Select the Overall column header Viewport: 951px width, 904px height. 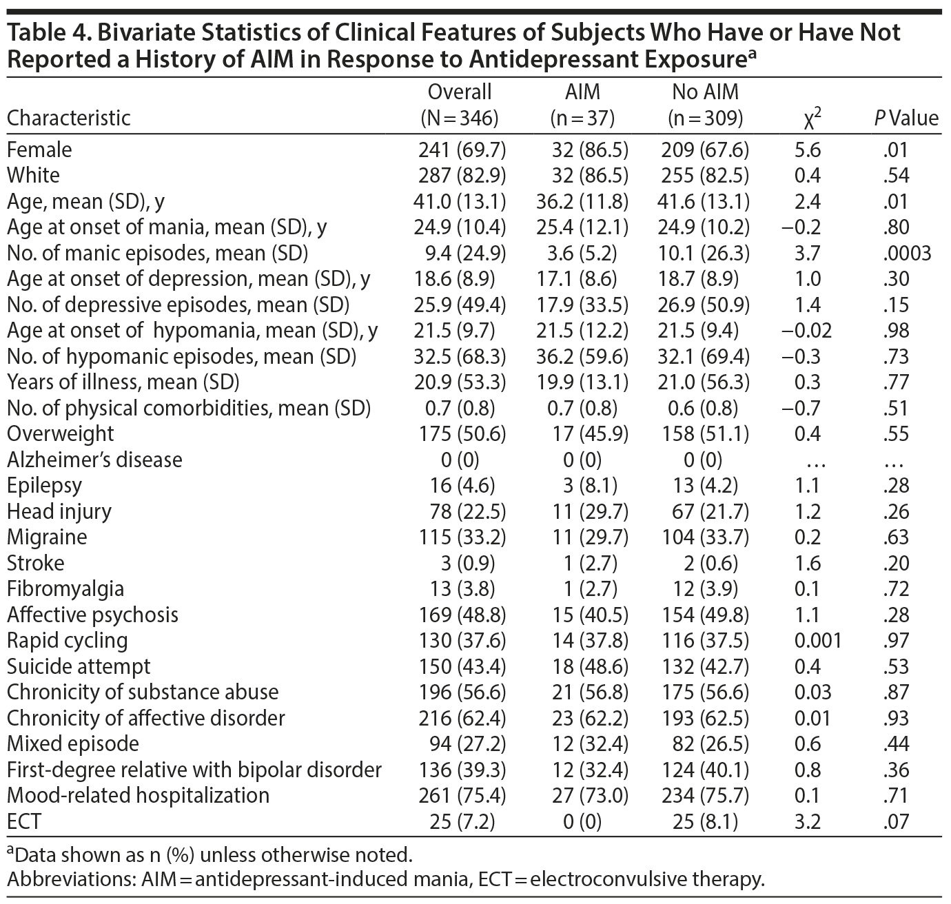pyautogui.click(x=460, y=104)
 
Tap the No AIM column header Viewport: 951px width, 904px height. pyautogui.click(x=705, y=104)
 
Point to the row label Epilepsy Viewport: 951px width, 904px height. pyautogui.click(x=44, y=486)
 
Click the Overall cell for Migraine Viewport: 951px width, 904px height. pyautogui.click(x=462, y=537)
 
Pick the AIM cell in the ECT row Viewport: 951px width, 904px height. pyautogui.click(x=582, y=821)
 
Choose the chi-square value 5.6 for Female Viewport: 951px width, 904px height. pyautogui.click(x=807, y=150)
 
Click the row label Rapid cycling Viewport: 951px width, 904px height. pyautogui.click(x=67, y=641)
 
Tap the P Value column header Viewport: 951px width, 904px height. pyautogui.click(x=906, y=118)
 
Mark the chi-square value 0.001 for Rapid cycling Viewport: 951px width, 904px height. pyautogui.click(x=817, y=641)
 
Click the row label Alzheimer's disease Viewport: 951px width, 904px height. pyautogui.click(x=94, y=460)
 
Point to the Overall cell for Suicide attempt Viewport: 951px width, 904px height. pyautogui.click(x=462, y=666)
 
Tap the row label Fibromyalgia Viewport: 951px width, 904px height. pyautogui.click(x=65, y=589)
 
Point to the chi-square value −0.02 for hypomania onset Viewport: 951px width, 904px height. pyautogui.click(x=807, y=331)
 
